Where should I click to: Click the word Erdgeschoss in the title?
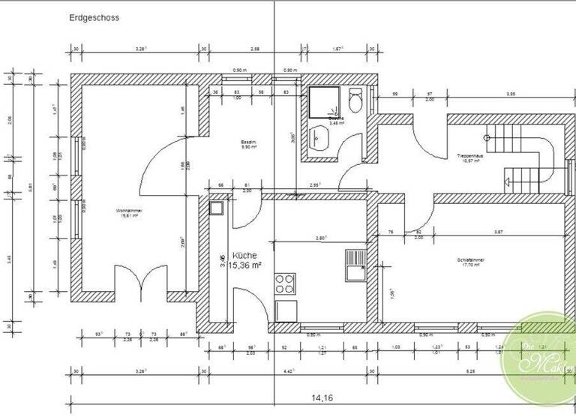click(94, 16)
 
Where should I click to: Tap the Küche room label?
click(244, 256)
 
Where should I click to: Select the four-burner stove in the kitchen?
click(285, 283)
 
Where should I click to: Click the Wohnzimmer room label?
click(128, 211)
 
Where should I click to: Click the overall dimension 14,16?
click(323, 399)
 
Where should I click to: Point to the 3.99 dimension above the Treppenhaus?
click(510, 94)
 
